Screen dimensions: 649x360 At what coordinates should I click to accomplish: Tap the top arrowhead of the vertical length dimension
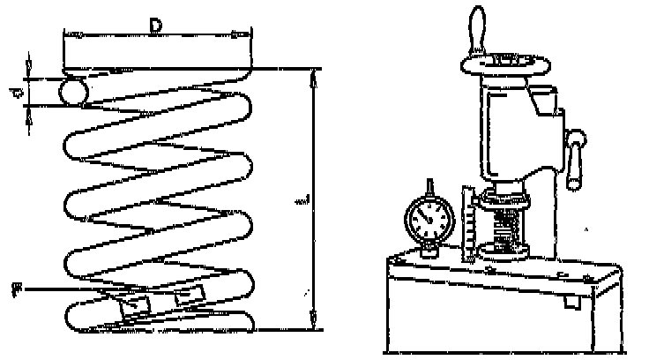point(314,75)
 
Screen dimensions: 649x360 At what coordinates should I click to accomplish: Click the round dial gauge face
point(431,217)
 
